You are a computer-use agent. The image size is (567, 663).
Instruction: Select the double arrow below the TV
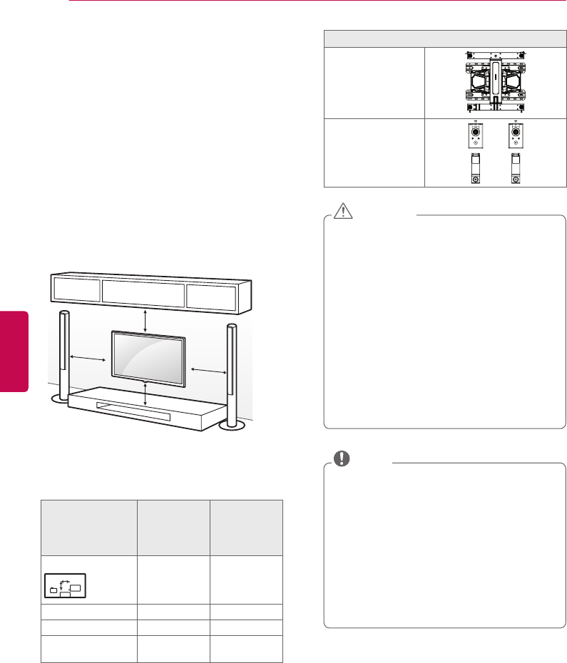(145, 393)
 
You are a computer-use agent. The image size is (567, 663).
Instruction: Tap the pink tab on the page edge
(14, 350)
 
